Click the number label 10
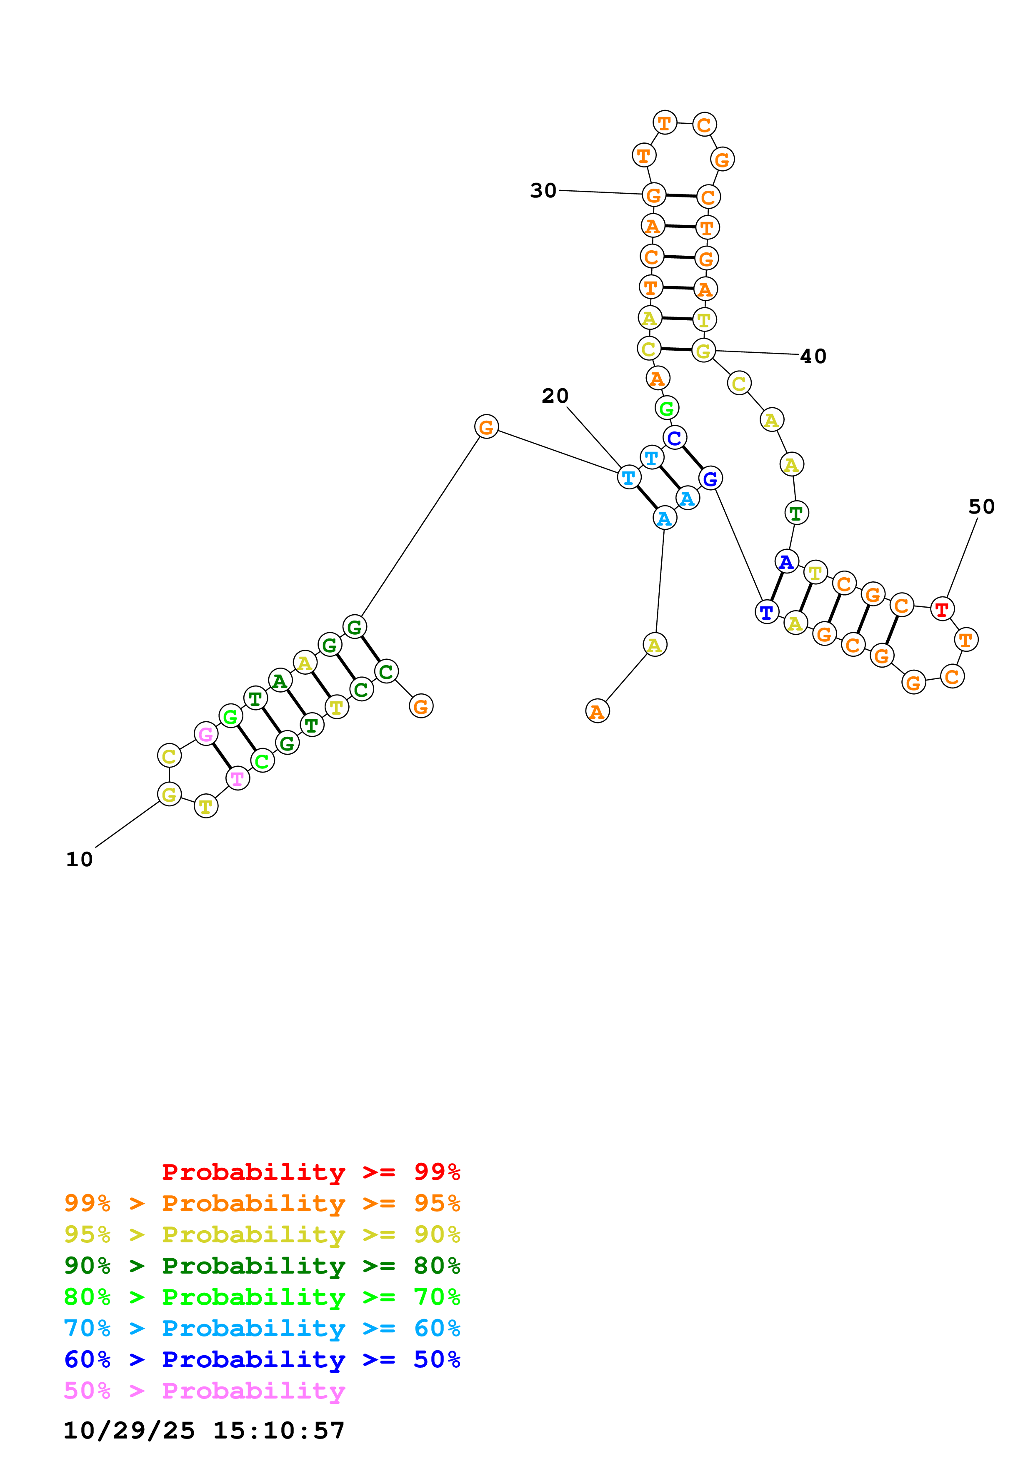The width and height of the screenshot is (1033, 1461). click(x=80, y=860)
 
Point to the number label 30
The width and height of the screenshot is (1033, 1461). click(x=543, y=190)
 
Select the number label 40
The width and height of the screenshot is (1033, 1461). click(x=813, y=357)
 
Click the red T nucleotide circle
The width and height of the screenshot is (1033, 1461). click(x=941, y=609)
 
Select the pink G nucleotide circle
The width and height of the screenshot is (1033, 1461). click(x=205, y=734)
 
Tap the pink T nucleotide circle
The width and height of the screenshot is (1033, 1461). click(x=238, y=778)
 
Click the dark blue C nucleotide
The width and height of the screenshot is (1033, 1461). click(x=674, y=438)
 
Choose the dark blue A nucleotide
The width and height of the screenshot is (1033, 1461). click(x=787, y=562)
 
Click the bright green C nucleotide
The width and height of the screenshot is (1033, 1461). click(x=262, y=761)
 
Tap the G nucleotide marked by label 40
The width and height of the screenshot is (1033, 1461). click(x=703, y=351)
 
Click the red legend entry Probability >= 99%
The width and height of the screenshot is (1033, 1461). click(x=310, y=1172)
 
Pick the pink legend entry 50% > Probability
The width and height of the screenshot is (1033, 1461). click(x=204, y=1391)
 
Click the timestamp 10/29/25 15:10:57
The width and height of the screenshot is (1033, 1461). click(x=204, y=1431)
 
